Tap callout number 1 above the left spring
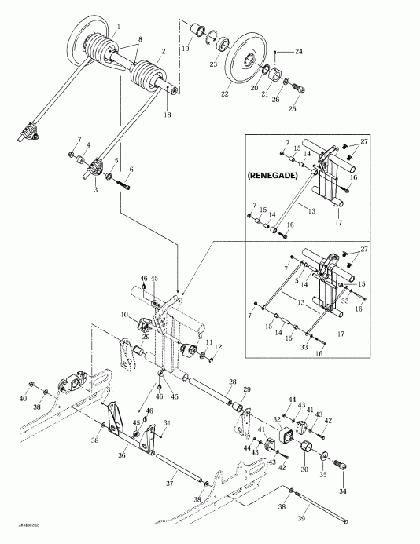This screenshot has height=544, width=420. point(119,27)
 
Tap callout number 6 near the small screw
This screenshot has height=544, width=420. point(131,170)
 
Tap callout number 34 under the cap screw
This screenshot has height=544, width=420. point(342,491)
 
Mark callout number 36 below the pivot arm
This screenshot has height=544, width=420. point(121,453)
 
